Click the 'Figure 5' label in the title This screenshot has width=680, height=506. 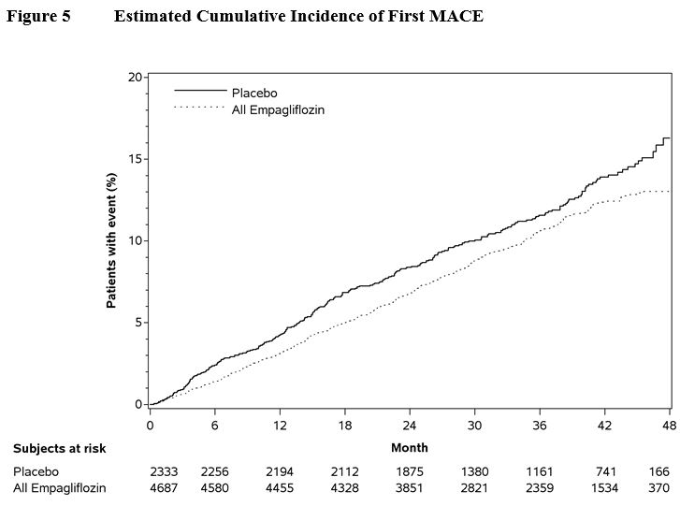[x=38, y=16]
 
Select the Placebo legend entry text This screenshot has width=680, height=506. [x=254, y=93]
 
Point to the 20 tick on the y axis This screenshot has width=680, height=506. [x=137, y=77]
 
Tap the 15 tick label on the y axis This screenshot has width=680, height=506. [x=137, y=159]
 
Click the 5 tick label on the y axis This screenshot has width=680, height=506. [x=139, y=323]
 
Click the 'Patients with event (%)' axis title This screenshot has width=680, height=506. [x=111, y=241]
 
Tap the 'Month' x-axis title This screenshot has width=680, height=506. [x=409, y=448]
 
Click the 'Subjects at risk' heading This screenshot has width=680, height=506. [x=60, y=449]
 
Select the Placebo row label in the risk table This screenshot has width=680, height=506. [x=36, y=472]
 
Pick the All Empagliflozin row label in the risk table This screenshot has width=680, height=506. [x=60, y=488]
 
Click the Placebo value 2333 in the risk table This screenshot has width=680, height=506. [x=163, y=472]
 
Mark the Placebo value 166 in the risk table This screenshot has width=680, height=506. [x=659, y=472]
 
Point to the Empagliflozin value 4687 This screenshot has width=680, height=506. [x=163, y=488]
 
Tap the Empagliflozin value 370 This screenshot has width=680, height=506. [x=659, y=488]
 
